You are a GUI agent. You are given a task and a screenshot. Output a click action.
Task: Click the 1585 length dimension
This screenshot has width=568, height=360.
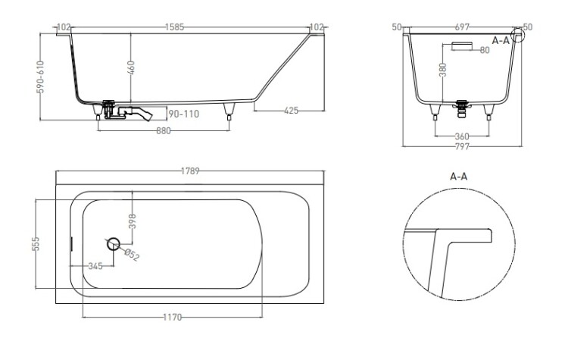[x=175, y=27]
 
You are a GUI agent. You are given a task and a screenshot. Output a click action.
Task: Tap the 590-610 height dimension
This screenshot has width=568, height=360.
[x=41, y=77]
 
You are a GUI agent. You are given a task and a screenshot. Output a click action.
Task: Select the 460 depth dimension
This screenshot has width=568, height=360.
[x=131, y=68]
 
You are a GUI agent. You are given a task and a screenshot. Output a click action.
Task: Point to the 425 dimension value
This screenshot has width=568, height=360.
[x=291, y=110]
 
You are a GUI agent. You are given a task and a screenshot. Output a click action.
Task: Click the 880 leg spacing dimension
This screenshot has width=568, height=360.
[x=164, y=130]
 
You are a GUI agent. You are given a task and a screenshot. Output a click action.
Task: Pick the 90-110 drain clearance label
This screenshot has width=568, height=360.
[x=184, y=114]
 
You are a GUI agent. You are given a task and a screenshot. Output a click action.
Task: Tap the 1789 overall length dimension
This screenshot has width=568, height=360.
[x=190, y=171]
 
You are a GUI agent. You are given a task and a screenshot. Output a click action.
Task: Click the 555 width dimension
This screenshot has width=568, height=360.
[x=36, y=244]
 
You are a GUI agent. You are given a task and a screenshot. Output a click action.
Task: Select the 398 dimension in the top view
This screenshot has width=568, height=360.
[x=133, y=221]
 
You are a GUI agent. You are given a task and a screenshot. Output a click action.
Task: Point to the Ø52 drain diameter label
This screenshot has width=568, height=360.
[x=132, y=255]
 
